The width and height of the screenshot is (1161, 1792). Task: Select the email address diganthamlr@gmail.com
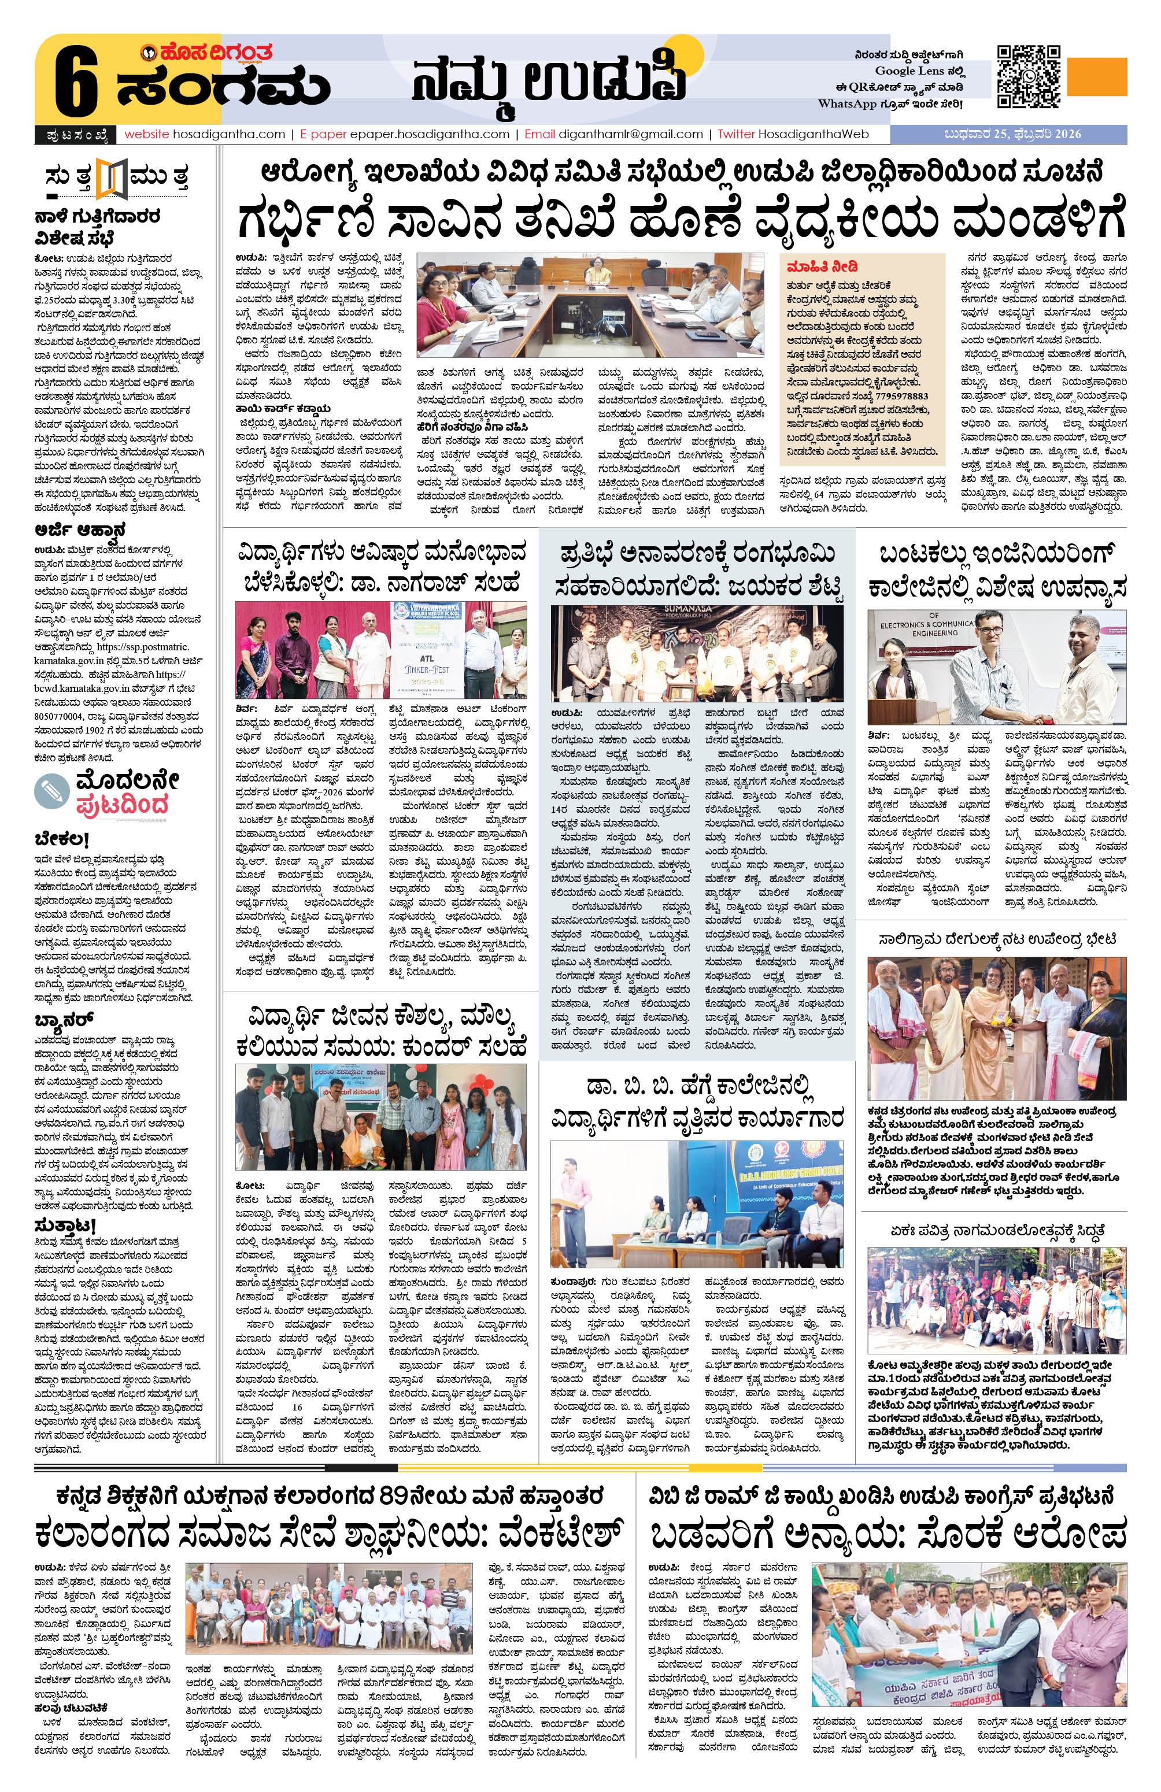[630, 134]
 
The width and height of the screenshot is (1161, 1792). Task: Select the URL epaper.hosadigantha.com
[429, 134]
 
